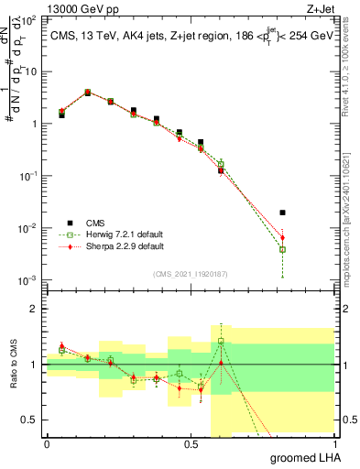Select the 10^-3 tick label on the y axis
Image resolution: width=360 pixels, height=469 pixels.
coord(29,279)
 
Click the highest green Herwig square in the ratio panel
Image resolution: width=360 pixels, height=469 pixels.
coord(221,342)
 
